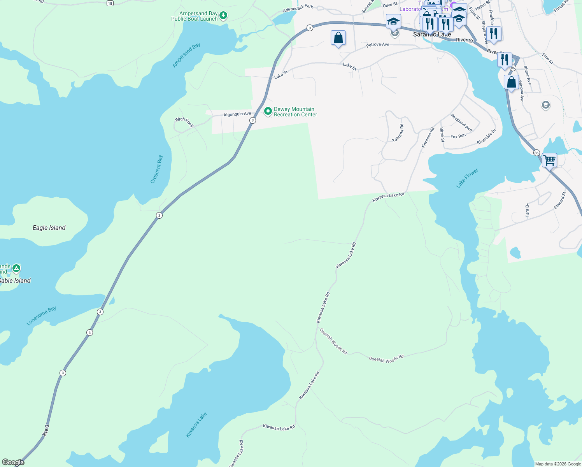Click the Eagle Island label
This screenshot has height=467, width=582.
[x=49, y=228]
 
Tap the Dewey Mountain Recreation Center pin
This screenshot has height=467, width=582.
[x=268, y=111]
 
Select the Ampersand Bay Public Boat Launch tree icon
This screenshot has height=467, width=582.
[x=223, y=16]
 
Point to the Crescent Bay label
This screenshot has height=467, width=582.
[x=157, y=169]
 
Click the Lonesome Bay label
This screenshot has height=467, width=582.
[x=41, y=316]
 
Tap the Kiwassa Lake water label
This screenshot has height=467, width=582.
[x=196, y=425]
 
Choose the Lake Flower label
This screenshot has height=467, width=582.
[x=467, y=178]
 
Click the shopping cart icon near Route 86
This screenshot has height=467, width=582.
[x=549, y=160]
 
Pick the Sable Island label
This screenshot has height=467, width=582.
[x=15, y=281]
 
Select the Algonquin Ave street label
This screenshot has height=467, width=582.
[x=237, y=114]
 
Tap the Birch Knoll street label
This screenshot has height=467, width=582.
[x=184, y=122]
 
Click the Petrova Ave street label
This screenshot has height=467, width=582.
[x=377, y=45]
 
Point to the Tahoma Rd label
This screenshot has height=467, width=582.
[x=398, y=133]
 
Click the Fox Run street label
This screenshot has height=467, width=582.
[x=458, y=136]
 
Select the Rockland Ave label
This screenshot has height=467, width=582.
[x=461, y=122]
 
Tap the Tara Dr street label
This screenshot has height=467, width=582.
[x=528, y=210]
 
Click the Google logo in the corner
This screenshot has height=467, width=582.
[x=13, y=462]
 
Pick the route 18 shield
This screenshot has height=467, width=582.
[x=110, y=3]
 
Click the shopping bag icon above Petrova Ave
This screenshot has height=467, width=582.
[x=338, y=38]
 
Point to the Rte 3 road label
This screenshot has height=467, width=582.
[x=46, y=430]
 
